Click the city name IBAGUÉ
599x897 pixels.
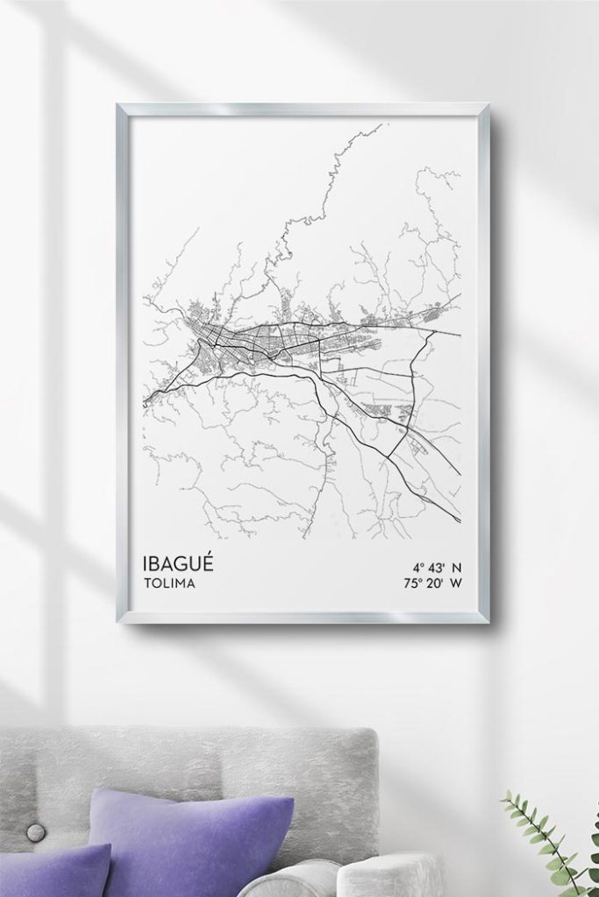click(176, 562)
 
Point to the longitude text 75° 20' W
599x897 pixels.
click(432, 582)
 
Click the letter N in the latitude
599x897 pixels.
click(457, 566)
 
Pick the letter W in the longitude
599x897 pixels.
click(457, 582)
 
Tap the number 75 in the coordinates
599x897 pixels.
click(410, 582)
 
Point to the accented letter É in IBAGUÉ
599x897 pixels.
click(206, 561)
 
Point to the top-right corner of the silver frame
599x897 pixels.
click(487, 106)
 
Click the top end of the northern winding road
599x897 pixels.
click(382, 125)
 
